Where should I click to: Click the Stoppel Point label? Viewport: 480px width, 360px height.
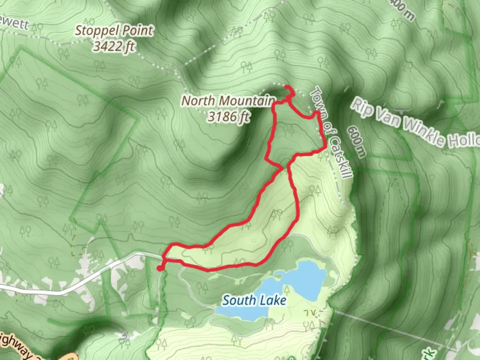coord(114,31)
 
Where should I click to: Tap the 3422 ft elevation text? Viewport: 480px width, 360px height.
coord(114,46)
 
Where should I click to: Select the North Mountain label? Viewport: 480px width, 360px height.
coord(228,100)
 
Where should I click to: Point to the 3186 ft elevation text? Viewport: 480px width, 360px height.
coord(228,116)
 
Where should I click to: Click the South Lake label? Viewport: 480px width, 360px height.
coord(254,300)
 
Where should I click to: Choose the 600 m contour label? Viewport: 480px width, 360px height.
coord(356,141)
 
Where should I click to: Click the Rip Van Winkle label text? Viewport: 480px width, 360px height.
coord(413,123)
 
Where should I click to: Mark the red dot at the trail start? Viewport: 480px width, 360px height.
coord(160,268)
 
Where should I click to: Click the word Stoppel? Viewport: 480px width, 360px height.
coord(97,31)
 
